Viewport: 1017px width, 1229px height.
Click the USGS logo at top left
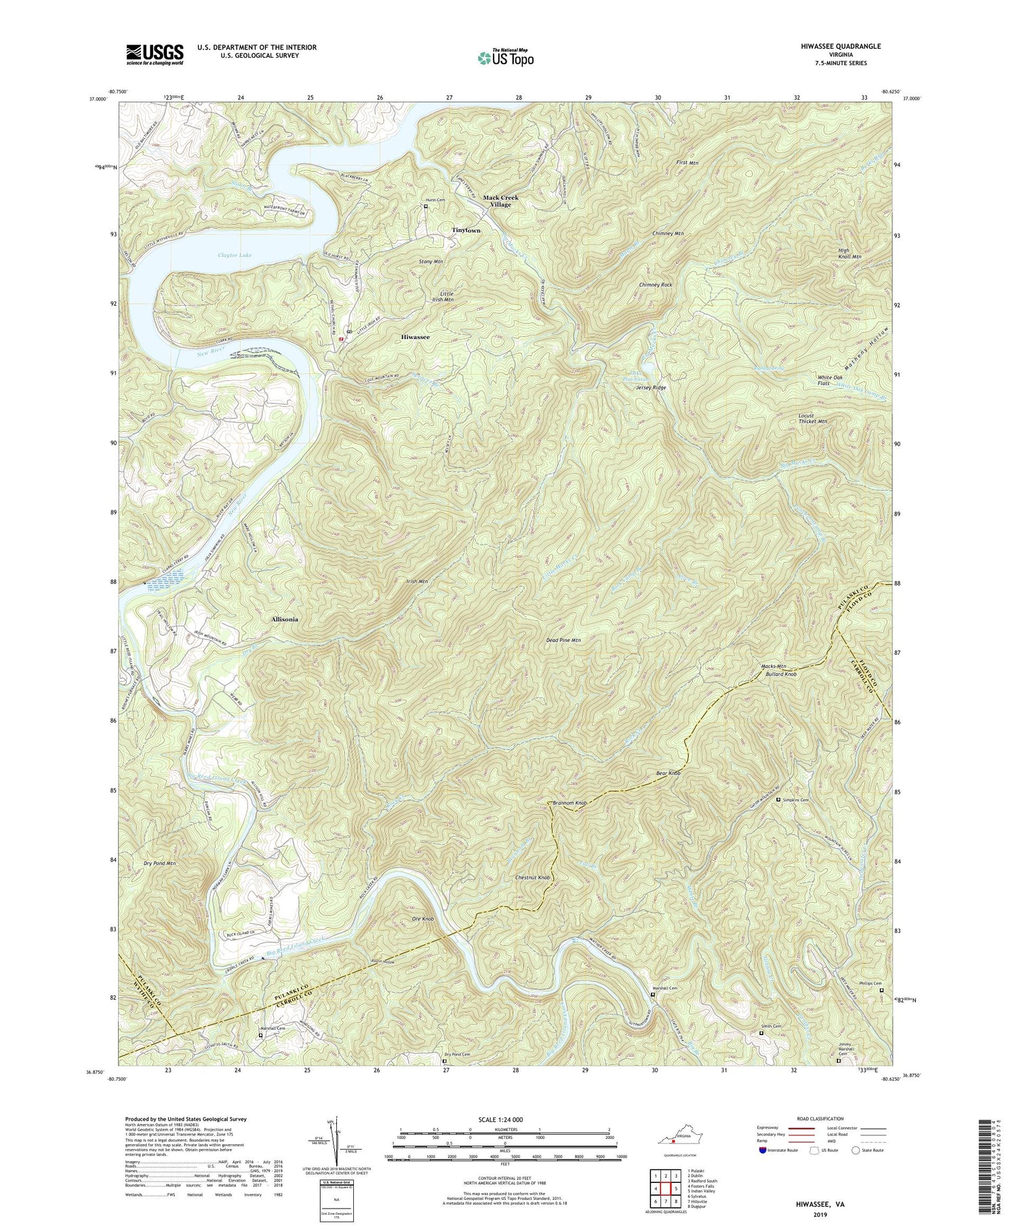[155, 54]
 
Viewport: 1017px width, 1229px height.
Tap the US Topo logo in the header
[505, 58]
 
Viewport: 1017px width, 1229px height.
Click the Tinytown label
[466, 230]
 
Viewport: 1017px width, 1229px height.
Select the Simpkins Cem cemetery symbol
[778, 800]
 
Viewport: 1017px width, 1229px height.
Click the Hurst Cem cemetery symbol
[426, 207]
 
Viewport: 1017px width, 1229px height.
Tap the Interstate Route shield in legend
[763, 1150]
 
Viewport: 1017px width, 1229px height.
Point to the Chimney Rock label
[655, 285]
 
